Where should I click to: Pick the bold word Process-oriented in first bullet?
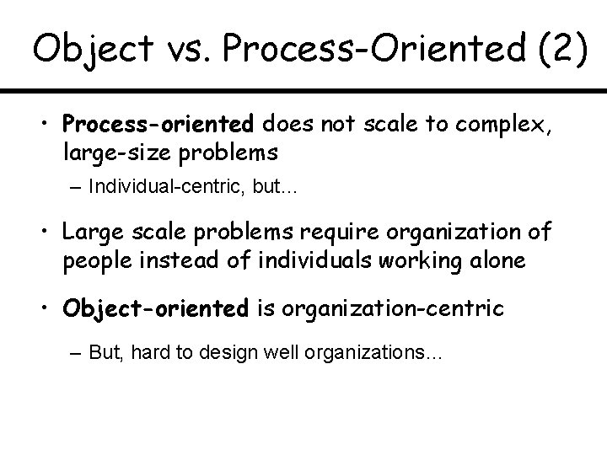pyautogui.click(x=158, y=126)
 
